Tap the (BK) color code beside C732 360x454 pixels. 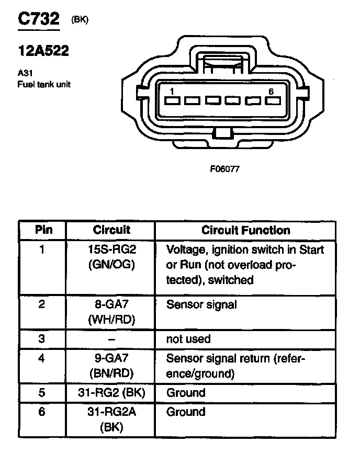pyautogui.click(x=80, y=20)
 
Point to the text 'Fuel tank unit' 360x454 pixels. pyautogui.click(x=44, y=84)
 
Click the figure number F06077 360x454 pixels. pyautogui.click(x=224, y=169)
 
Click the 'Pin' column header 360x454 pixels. pyautogui.click(x=43, y=230)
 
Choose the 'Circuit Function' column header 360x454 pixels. pyautogui.click(x=245, y=230)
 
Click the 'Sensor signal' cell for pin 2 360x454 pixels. pyautogui.click(x=201, y=304)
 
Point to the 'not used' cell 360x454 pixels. pyautogui.click(x=188, y=339)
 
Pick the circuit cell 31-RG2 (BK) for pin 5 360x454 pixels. pyautogui.click(x=111, y=392)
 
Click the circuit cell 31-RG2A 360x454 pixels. pyautogui.click(x=111, y=412)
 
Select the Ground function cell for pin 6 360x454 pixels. pyautogui.click(x=186, y=412)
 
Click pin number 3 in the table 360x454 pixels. pyautogui.click(x=42, y=339)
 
